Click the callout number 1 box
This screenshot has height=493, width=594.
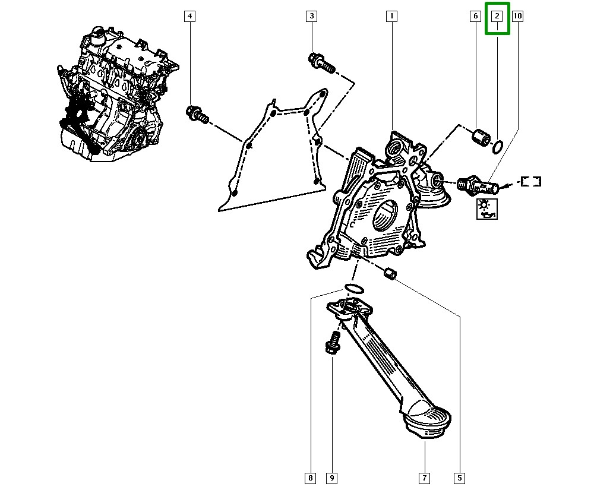pos(391,17)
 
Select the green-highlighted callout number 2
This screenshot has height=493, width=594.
pos(498,17)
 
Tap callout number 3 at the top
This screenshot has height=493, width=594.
pos(312,17)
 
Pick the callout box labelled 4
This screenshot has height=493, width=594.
pos(189,17)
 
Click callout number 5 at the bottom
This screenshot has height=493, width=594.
pos(459,477)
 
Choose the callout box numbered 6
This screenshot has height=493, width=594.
pos(475,17)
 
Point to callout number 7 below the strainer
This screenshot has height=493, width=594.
pos(425,477)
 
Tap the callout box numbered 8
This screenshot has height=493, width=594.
pos(311,477)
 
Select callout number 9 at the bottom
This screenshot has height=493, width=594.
pos(331,477)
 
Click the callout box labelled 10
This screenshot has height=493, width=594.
pos(517,17)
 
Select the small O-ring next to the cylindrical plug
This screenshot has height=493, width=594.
pos(498,146)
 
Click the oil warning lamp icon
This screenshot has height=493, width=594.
pos(487,208)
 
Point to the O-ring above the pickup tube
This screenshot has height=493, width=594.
pos(354,288)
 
